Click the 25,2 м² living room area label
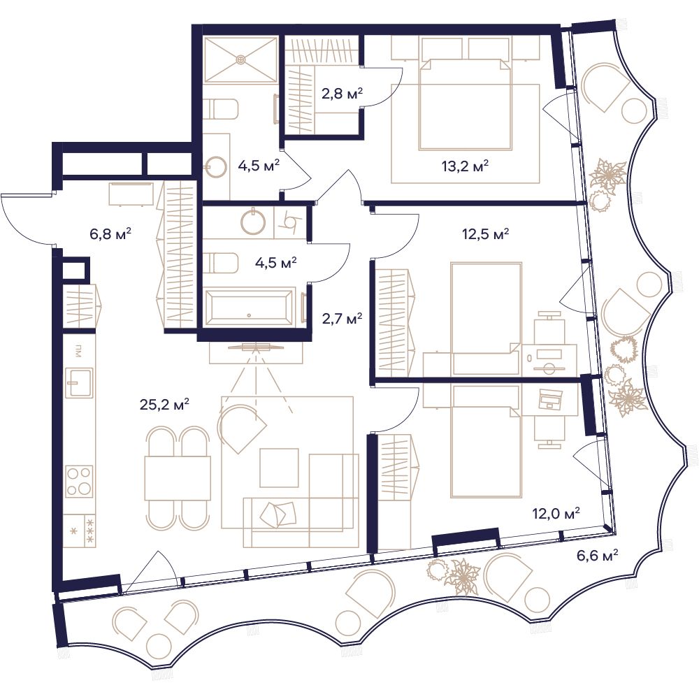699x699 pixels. [x=164, y=404]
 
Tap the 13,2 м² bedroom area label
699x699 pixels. [x=465, y=166]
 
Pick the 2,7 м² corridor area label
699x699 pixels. [x=342, y=318]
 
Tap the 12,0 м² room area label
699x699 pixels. [x=556, y=513]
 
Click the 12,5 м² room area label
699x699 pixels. [x=486, y=233]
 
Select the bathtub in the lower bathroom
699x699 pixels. [x=249, y=308]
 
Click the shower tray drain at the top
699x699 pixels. [x=241, y=59]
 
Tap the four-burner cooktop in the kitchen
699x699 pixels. [x=80, y=482]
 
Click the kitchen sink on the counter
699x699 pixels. [x=80, y=382]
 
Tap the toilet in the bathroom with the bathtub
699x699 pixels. [x=222, y=263]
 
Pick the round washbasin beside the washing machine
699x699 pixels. [x=253, y=222]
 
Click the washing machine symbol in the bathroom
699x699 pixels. [x=291, y=222]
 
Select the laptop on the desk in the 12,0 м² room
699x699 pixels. [x=551, y=399]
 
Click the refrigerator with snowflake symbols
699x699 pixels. [x=80, y=531]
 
